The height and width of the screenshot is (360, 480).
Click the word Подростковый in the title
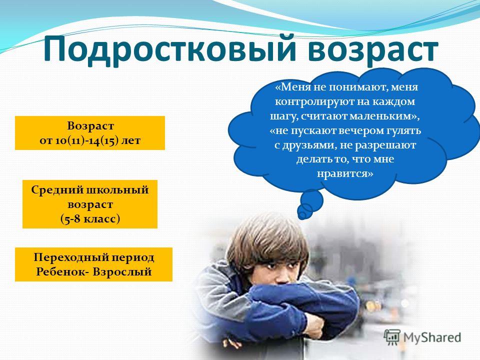tap(169, 49)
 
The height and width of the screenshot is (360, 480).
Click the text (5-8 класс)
tap(90, 219)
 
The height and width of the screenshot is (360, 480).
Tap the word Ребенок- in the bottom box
tap(62, 272)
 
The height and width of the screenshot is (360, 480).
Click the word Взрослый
tap(122, 272)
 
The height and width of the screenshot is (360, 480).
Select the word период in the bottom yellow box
tap(132, 258)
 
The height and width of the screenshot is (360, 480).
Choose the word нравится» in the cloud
tap(345, 174)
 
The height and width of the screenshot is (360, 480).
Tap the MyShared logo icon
tap(392, 337)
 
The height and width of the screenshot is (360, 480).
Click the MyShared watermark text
tap(432, 337)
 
